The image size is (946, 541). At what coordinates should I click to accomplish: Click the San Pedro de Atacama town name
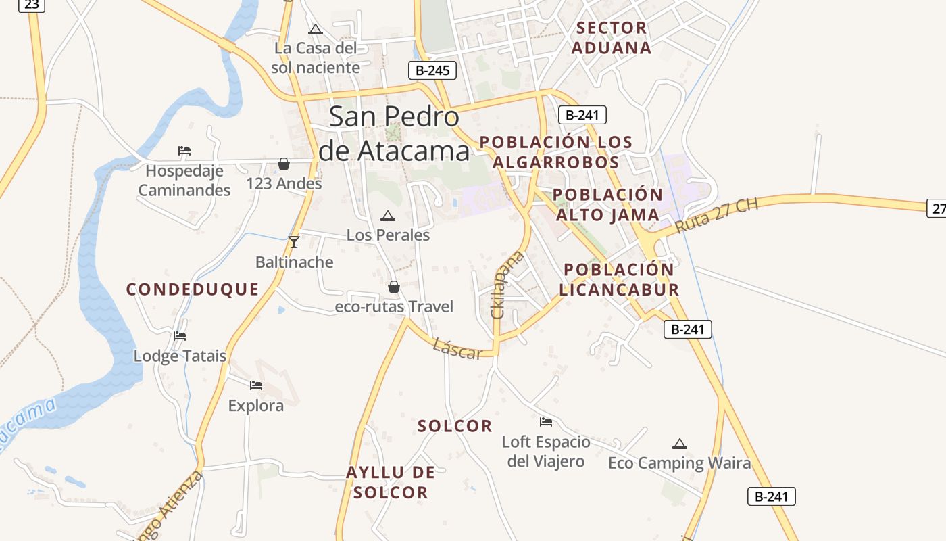point(394,134)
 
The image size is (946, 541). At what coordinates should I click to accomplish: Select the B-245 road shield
point(432,70)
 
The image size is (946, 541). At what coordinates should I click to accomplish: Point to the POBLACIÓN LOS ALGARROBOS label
point(555,152)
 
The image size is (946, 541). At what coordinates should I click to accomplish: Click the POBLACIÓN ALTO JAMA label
point(607,205)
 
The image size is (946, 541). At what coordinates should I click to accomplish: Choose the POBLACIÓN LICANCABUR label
point(619,279)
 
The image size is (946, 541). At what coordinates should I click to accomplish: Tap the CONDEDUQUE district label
point(193,289)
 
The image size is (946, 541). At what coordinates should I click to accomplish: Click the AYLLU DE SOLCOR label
point(391,482)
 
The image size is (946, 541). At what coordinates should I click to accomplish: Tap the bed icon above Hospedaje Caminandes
point(184,150)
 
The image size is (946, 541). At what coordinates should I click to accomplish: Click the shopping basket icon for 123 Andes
point(284,164)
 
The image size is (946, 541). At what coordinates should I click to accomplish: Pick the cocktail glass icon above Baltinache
point(293,241)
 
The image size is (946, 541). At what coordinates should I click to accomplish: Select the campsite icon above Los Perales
point(387,216)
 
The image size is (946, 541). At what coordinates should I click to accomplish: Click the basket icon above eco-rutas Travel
point(394,287)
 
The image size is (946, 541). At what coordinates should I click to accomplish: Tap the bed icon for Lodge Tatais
point(180,335)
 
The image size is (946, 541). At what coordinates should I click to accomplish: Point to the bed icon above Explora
point(255,385)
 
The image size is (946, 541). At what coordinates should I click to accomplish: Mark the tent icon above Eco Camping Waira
point(680,444)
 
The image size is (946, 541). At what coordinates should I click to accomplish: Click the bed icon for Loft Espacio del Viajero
point(546,422)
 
